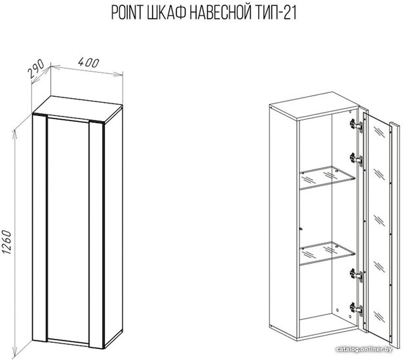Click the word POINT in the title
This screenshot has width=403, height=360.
pos(127,13)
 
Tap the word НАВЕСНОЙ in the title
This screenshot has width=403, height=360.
pos(220,13)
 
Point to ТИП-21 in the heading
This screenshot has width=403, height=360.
pos(276,13)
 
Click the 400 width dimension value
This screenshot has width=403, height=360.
pos(88,63)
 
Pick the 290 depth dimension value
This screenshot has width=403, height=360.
pos(36,69)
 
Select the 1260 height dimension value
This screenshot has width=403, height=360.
pos(7,242)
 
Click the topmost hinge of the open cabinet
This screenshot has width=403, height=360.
pos(356,125)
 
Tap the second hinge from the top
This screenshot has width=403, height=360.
pos(356,158)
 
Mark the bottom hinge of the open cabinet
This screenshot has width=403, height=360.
pos(356,308)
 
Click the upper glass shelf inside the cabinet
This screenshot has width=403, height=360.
pos(328,177)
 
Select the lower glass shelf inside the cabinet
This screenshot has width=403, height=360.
pos(328,253)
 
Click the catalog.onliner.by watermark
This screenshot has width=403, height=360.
pos(364,350)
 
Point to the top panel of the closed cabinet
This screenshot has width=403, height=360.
pos(78,109)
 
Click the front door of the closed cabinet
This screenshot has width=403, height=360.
pos(68,230)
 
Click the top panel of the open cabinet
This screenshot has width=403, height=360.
pos(313,105)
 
